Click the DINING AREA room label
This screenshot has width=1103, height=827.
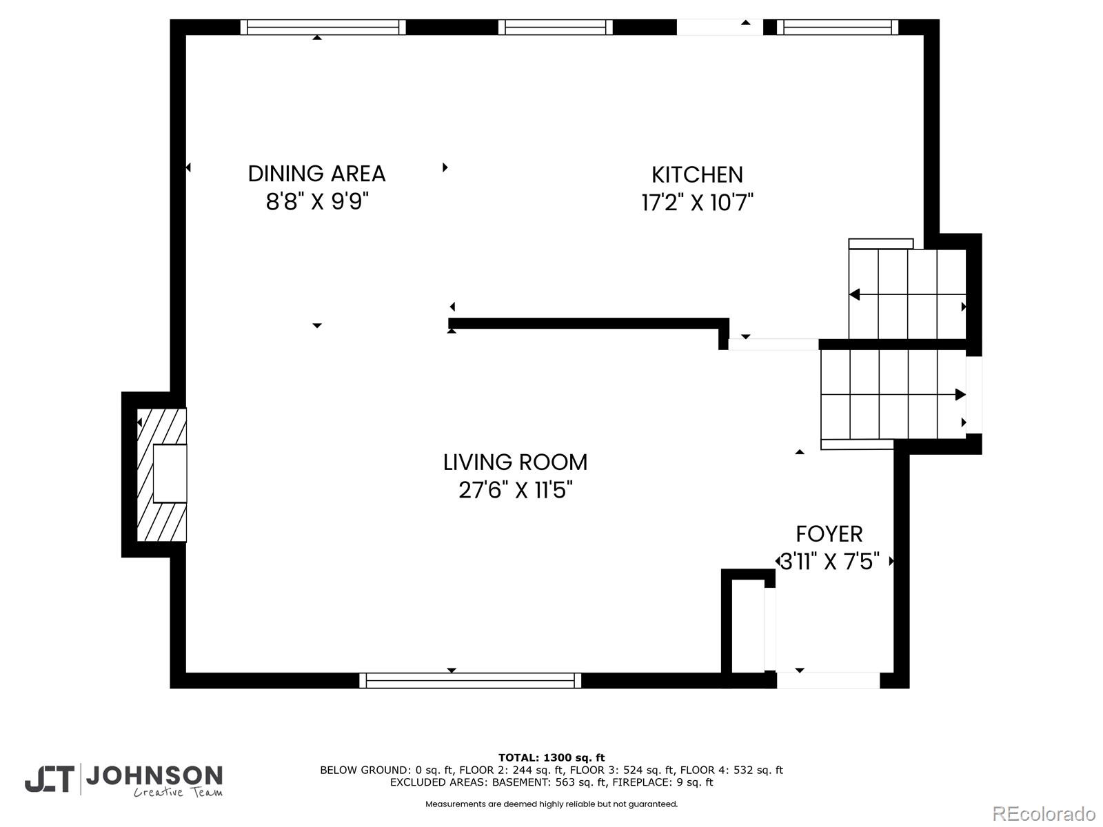tap(316, 174)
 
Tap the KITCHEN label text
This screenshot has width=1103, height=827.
tap(697, 175)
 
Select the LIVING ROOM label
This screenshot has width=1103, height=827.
tap(515, 462)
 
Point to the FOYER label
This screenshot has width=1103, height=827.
tap(829, 533)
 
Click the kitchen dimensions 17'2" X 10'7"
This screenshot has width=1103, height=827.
tap(697, 203)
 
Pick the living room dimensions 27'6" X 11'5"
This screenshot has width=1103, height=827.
tap(515, 490)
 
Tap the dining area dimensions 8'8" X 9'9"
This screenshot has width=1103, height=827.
tap(317, 202)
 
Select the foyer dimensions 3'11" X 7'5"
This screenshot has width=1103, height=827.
tap(829, 562)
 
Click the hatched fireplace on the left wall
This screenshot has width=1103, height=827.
tap(162, 475)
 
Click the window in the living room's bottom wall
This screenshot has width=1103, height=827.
tap(470, 680)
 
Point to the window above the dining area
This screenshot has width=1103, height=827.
tap(323, 27)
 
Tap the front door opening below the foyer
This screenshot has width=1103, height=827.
tap(828, 680)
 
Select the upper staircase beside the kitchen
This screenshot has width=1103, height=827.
tap(907, 294)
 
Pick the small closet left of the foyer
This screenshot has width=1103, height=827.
tap(748, 625)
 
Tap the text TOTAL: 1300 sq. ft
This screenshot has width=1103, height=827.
tap(551, 757)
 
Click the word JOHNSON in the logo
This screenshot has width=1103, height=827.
tap(154, 776)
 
